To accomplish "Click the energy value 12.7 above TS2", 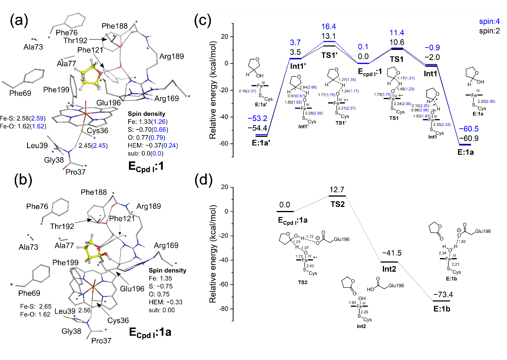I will click(338, 189).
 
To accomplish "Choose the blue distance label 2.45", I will click(100, 146).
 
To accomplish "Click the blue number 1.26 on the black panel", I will click(159, 121).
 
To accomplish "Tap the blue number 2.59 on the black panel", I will click(37, 118).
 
